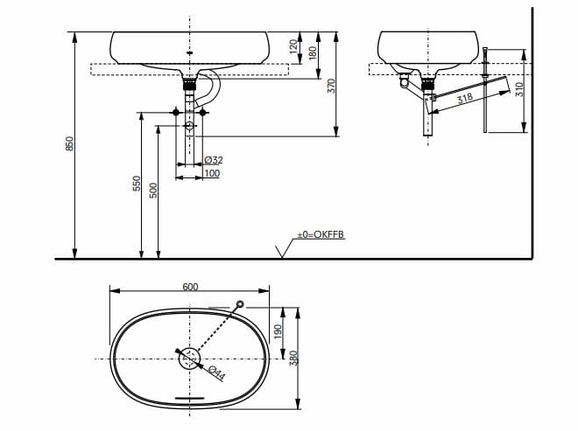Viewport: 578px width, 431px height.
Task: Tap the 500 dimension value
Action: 153,190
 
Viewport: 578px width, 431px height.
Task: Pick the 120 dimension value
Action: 294,44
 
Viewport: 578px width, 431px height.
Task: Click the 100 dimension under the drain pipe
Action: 212,174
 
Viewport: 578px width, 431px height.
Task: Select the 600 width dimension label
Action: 190,287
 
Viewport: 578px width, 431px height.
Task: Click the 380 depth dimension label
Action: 295,358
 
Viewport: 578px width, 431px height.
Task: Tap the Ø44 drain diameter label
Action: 215,372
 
